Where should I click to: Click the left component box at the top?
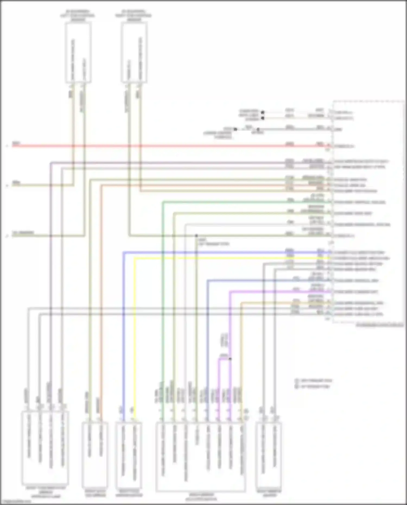tap(78, 52)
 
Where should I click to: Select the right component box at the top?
tap(134, 52)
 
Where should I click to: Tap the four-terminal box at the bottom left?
tap(45, 448)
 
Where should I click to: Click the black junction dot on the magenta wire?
tap(230, 359)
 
